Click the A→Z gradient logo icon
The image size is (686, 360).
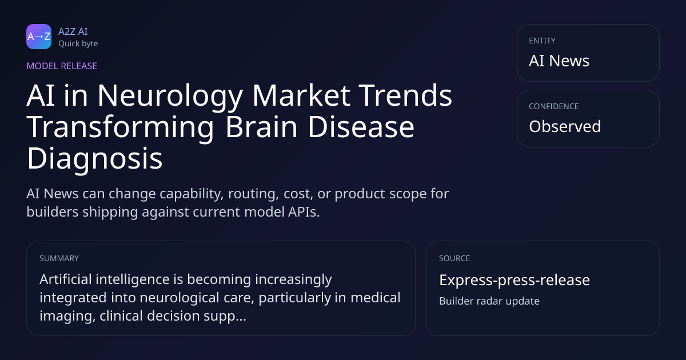(39, 37)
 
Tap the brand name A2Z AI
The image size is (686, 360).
(73, 31)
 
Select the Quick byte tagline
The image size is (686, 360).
(78, 44)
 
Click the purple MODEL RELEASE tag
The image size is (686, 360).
(62, 66)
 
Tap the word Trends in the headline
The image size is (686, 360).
(405, 95)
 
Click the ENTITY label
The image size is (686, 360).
(542, 41)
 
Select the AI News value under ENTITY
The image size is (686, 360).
(559, 61)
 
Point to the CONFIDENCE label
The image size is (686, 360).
(554, 106)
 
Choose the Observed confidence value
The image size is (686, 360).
(565, 126)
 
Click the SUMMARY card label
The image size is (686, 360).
(59, 258)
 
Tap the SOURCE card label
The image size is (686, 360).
(454, 258)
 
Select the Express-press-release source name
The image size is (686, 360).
(514, 280)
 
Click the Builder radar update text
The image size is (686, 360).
(489, 301)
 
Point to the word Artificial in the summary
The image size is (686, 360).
(66, 279)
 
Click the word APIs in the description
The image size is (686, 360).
(304, 212)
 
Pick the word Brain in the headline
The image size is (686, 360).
(262, 127)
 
